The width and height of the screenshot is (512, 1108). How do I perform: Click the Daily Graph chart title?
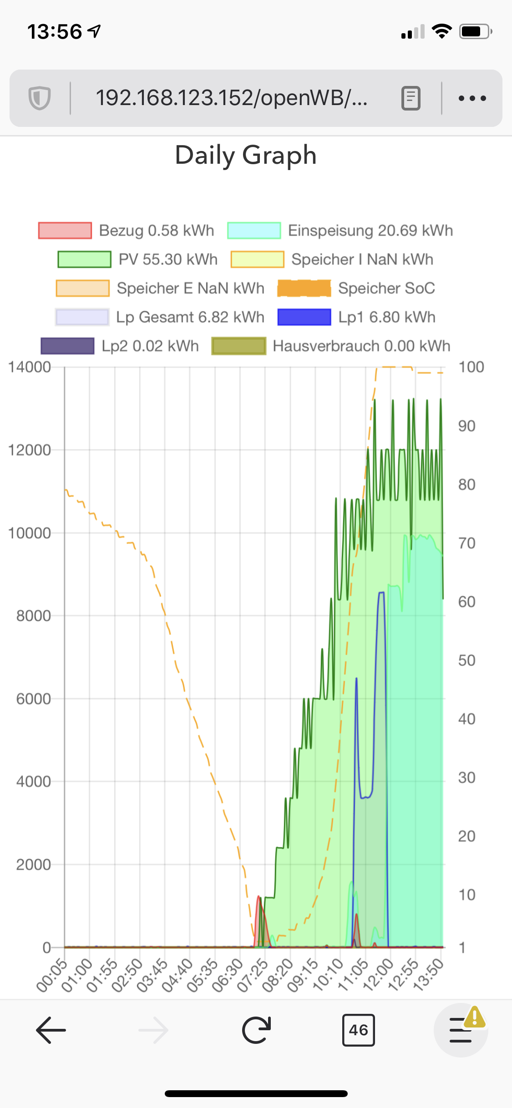246,156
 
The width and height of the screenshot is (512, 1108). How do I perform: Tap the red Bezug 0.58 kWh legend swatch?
65,231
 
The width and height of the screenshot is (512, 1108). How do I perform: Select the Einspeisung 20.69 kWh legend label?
370,231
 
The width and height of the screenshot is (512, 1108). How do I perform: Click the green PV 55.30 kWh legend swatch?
84,259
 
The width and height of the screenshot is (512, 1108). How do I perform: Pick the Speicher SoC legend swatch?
304,288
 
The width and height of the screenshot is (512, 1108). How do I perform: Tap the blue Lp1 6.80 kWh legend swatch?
304,317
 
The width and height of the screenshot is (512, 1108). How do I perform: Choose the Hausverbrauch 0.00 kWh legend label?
361,346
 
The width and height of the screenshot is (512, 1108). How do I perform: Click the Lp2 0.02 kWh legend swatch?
67,346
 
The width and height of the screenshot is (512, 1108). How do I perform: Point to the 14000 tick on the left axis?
30,367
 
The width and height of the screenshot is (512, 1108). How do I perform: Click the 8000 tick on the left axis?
33,616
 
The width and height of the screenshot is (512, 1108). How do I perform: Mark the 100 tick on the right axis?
471,367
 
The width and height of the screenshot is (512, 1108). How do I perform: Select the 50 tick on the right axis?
466,660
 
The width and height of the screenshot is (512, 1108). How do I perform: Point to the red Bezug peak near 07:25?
259,897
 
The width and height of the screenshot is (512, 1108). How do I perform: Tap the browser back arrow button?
51,1030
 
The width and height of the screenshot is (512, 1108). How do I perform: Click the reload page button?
256,1030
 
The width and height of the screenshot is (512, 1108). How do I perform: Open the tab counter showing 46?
358,1030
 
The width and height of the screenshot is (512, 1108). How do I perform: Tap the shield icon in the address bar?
40,98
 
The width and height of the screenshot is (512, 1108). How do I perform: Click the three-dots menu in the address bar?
472,98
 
